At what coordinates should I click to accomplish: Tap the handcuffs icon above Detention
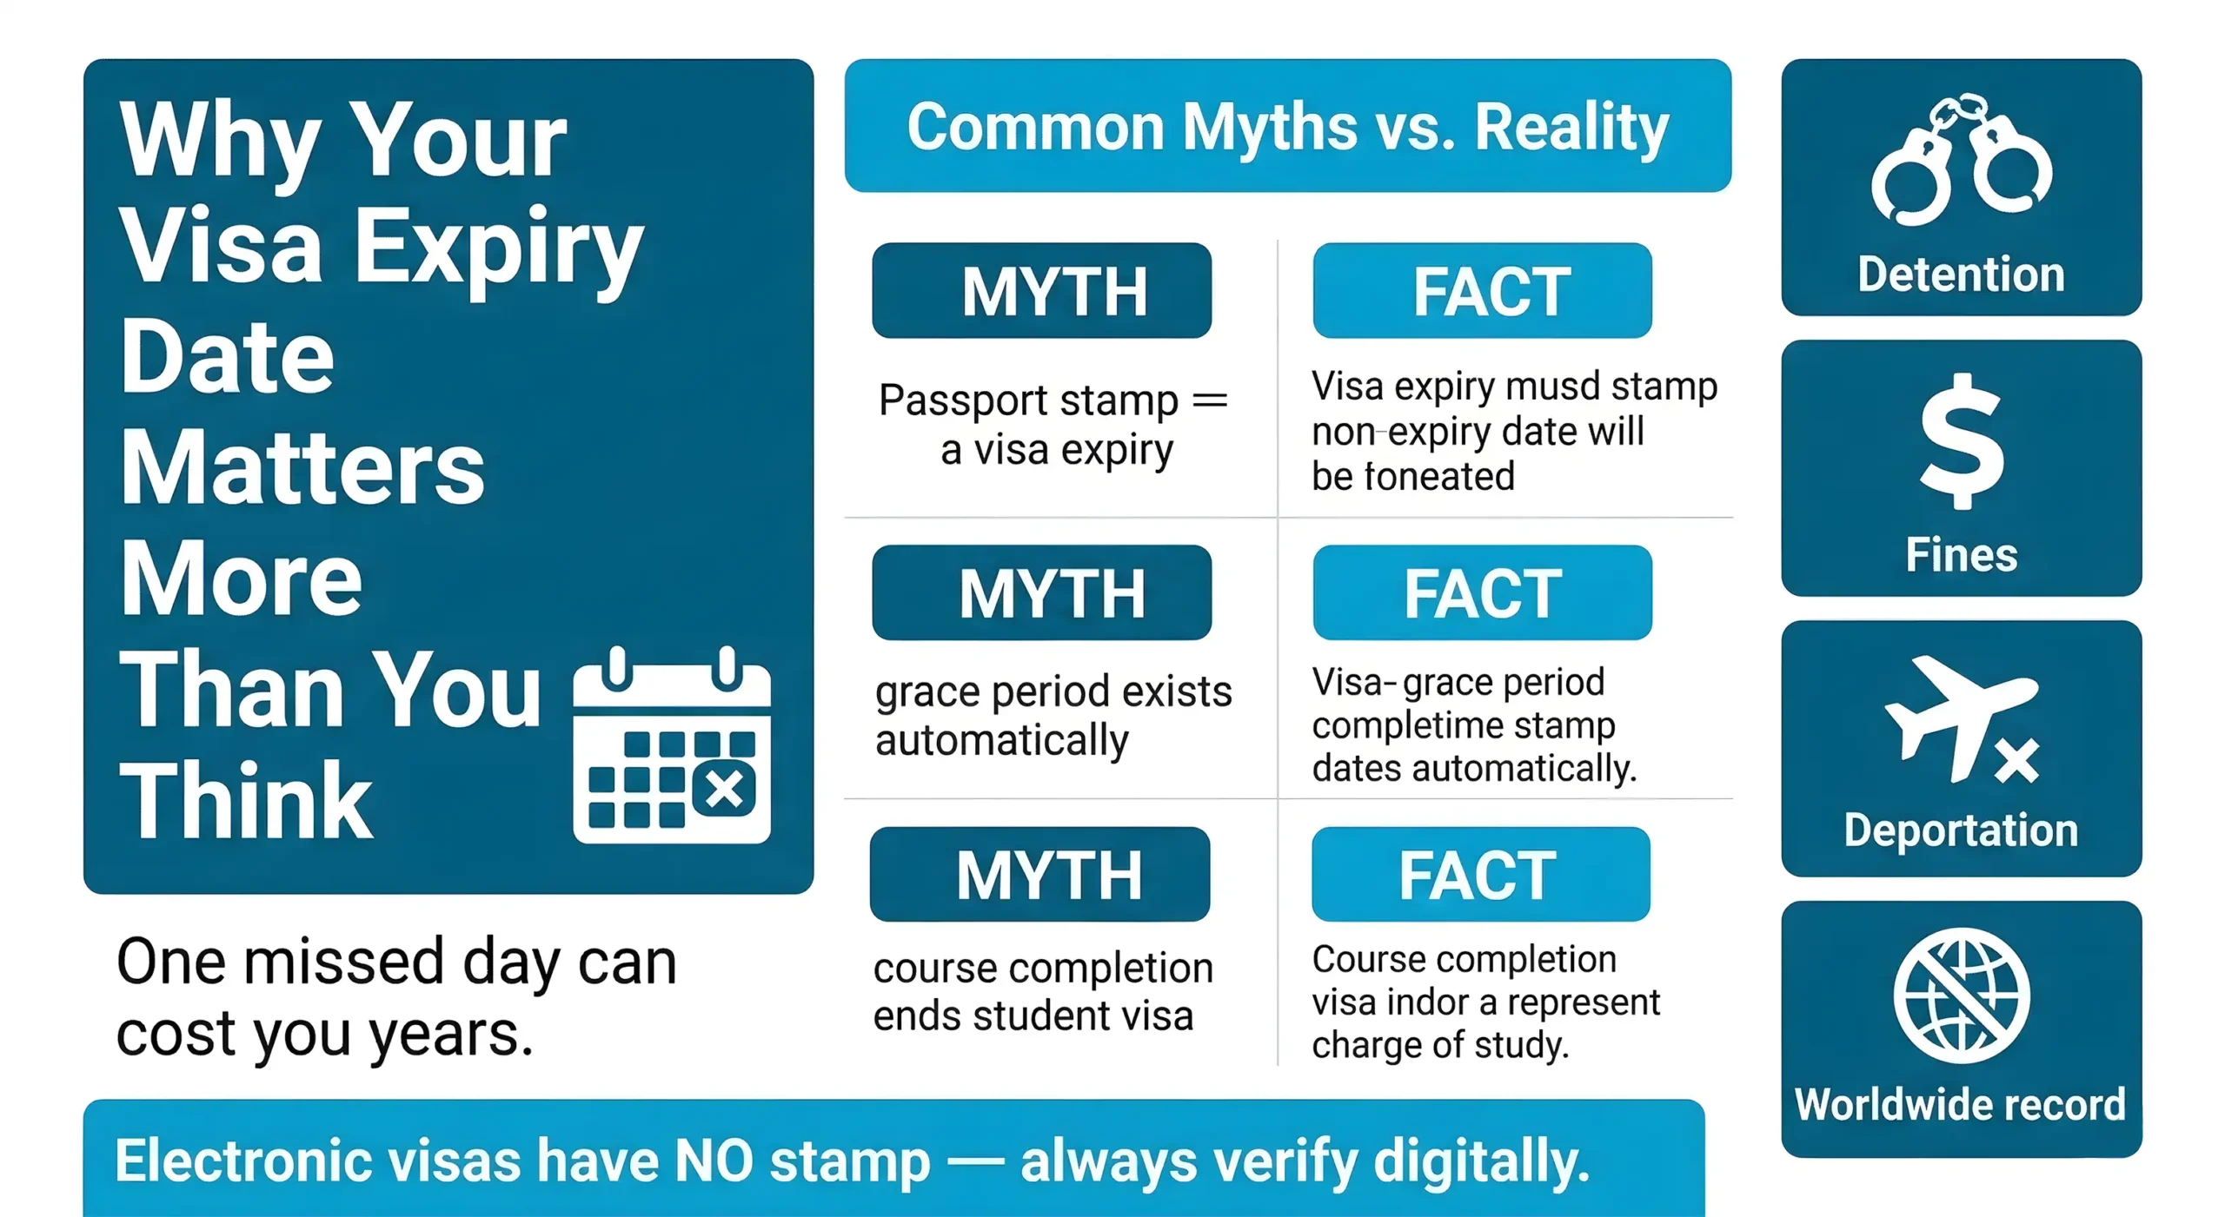(1961, 162)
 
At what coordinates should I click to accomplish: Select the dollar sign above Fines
(1962, 441)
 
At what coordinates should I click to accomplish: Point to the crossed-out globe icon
(1962, 995)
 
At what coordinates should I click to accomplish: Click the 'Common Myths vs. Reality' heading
(1287, 127)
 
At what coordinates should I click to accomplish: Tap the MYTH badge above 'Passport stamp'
(1041, 290)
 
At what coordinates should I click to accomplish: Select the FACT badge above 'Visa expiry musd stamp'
(1482, 290)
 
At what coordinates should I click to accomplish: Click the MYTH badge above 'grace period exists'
(1041, 592)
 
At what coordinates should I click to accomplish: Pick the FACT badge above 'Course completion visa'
(1480, 874)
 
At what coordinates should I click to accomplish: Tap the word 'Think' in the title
(246, 801)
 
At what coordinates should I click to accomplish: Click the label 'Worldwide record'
(1960, 1105)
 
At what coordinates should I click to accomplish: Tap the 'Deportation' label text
(1961, 830)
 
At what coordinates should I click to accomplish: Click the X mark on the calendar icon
(724, 790)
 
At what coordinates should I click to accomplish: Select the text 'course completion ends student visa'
(1042, 991)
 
